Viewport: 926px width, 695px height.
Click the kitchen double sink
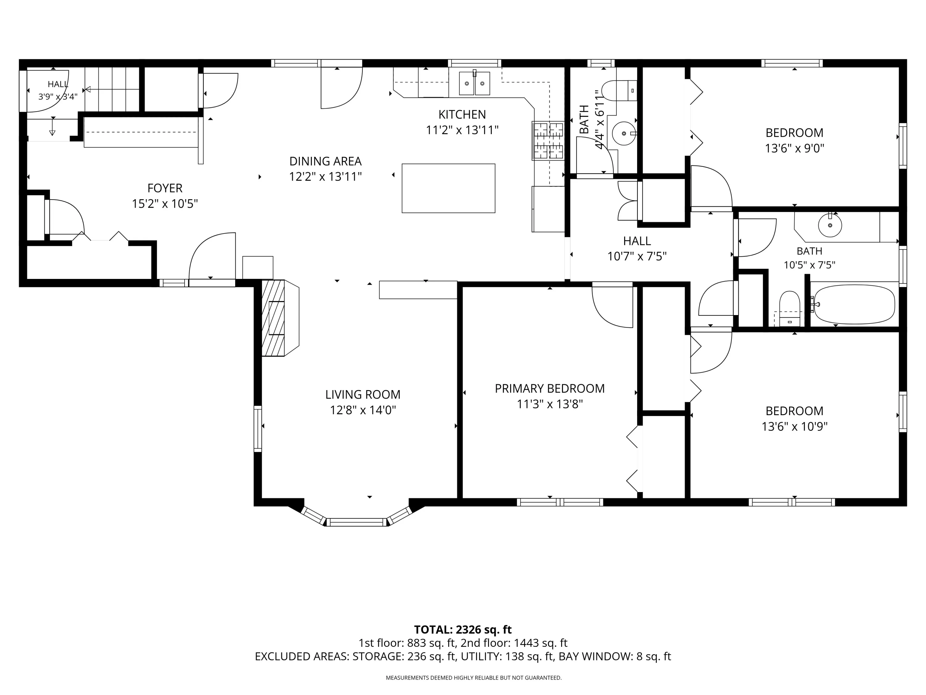(474, 83)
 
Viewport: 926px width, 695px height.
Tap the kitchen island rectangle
(448, 188)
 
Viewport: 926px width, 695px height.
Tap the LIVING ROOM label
(363, 395)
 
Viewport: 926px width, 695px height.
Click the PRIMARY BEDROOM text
(550, 389)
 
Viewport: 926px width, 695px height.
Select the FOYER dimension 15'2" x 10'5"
(165, 204)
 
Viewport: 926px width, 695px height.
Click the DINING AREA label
(325, 161)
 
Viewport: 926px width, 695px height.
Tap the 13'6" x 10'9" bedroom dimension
(795, 427)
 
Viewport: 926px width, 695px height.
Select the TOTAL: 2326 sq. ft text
(463, 630)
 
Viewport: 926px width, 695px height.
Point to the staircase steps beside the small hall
(112, 89)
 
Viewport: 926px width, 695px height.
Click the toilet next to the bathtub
(790, 308)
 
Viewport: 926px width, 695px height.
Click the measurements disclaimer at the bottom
(473, 678)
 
